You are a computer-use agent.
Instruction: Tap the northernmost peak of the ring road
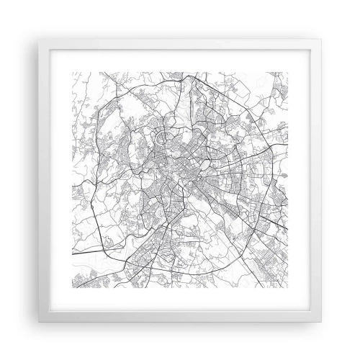pyautogui.click(x=189, y=74)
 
